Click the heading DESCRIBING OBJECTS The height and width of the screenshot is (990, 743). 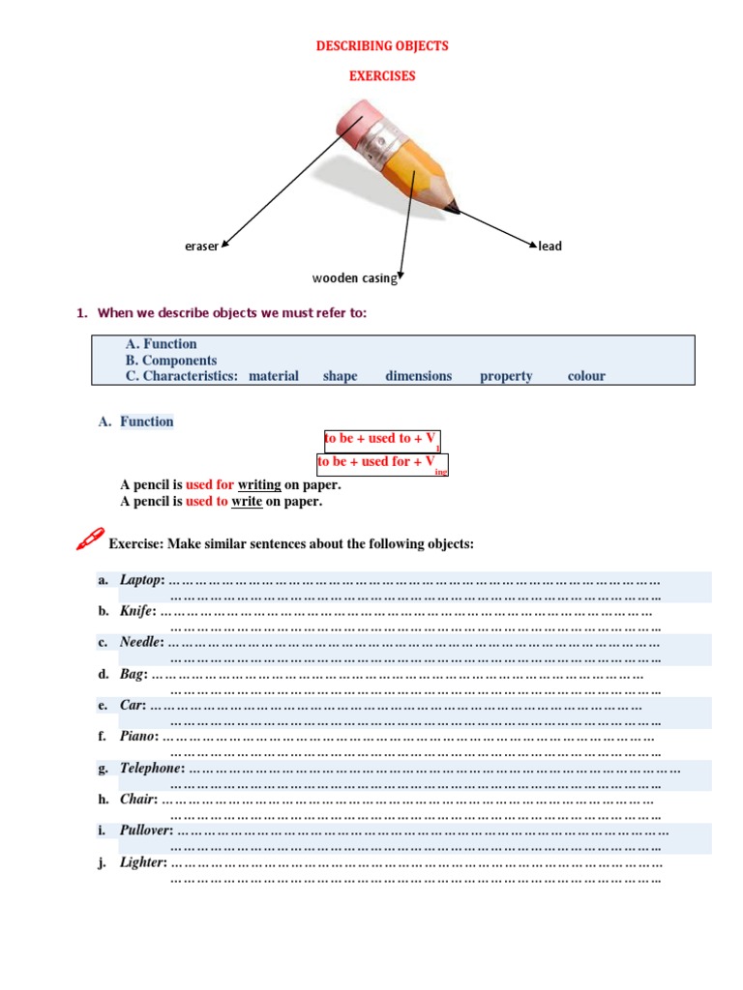click(x=383, y=45)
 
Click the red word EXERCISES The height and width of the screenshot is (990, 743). click(x=382, y=75)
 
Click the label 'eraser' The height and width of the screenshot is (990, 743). click(x=201, y=247)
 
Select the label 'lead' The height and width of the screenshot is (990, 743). click(x=550, y=247)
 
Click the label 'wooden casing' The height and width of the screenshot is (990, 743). click(x=354, y=278)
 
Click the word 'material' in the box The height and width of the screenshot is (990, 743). click(x=274, y=376)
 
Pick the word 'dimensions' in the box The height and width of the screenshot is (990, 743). click(x=418, y=376)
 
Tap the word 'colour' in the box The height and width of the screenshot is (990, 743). click(x=586, y=376)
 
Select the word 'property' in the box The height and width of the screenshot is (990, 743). click(x=506, y=376)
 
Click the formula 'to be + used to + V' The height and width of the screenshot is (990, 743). click(x=380, y=439)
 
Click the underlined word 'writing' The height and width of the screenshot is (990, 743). click(x=259, y=484)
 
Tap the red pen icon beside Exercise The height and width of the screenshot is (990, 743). click(x=89, y=539)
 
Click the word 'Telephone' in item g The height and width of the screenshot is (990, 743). click(x=151, y=768)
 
